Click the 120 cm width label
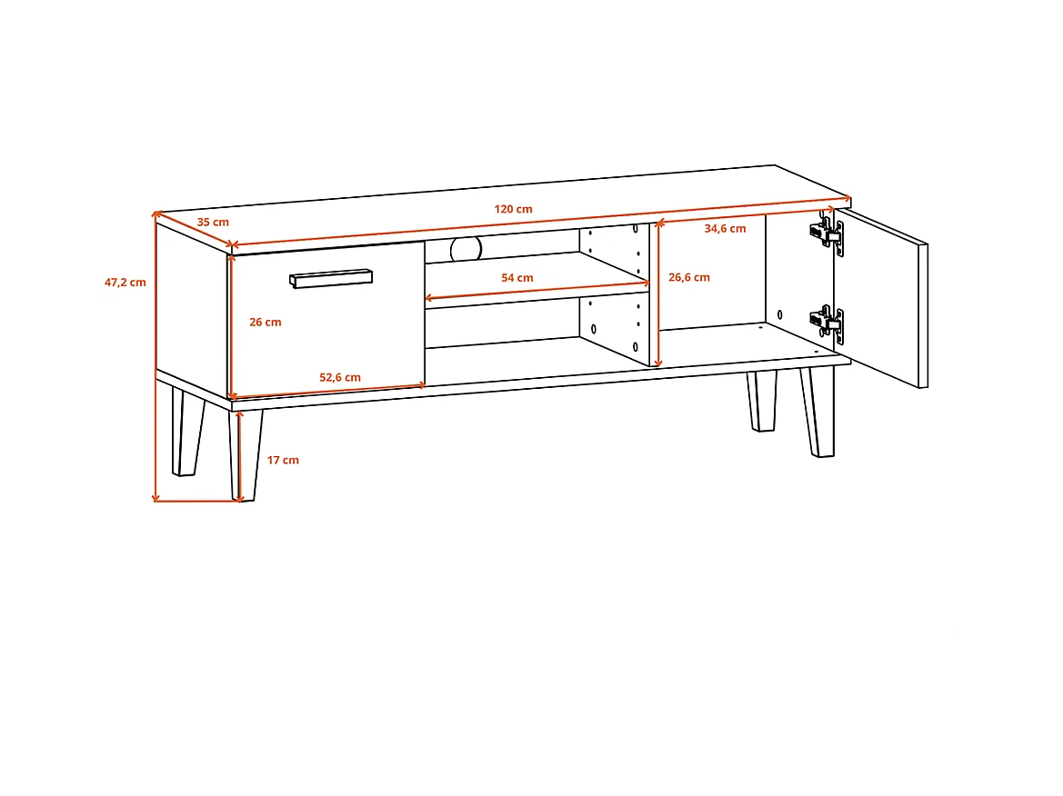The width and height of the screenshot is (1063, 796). (513, 209)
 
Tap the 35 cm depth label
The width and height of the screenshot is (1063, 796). (213, 223)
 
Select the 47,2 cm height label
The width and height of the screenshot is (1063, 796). (125, 283)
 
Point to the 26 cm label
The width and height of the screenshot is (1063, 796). (266, 323)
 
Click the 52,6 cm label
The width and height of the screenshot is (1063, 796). (340, 378)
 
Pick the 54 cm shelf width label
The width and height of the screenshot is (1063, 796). (517, 278)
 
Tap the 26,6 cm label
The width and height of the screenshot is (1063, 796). (689, 277)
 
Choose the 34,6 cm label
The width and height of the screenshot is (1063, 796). (726, 229)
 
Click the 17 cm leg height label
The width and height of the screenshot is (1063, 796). (283, 460)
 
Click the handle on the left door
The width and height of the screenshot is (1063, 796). (331, 278)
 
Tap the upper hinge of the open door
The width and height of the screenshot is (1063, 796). (827, 233)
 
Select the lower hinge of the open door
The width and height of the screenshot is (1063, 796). (827, 324)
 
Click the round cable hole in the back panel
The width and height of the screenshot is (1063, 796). (466, 249)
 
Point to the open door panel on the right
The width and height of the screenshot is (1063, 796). (880, 298)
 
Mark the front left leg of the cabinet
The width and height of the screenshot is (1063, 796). (246, 455)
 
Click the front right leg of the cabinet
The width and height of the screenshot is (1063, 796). (817, 412)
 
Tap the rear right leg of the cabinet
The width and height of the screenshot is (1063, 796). (762, 401)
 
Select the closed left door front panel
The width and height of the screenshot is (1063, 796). (326, 321)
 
